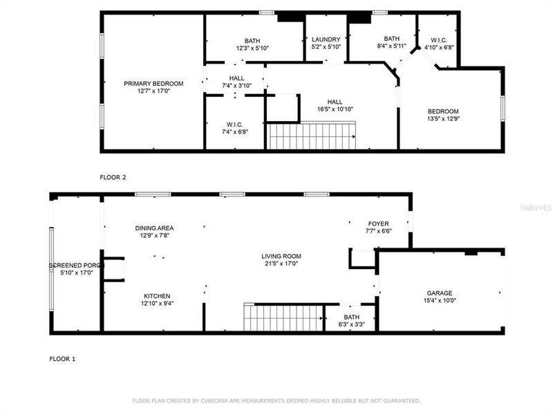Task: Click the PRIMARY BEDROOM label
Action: (x=153, y=84)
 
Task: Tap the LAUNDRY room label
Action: (x=326, y=39)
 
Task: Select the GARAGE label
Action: (x=440, y=293)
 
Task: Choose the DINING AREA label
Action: (x=153, y=228)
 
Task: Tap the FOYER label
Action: (x=378, y=223)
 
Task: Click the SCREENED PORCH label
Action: (x=75, y=266)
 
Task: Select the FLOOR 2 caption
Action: (x=113, y=177)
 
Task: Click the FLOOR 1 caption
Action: (x=62, y=359)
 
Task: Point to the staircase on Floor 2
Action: (x=311, y=136)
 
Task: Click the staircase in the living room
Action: (x=284, y=318)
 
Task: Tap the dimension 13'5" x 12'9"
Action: (x=442, y=119)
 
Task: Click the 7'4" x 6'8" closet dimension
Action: (x=234, y=132)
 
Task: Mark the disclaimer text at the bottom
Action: (x=276, y=400)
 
